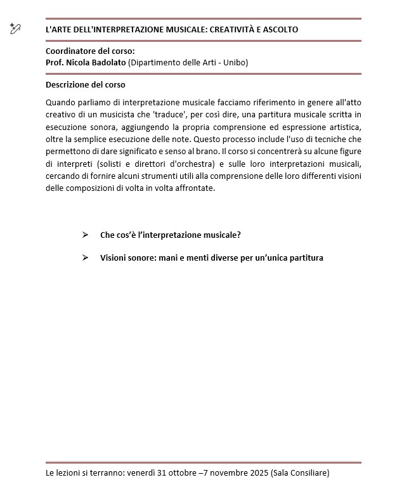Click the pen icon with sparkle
point(15,28)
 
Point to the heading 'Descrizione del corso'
point(86,85)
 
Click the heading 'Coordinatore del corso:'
point(90,51)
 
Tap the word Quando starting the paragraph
point(60,103)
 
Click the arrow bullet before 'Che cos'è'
point(85,235)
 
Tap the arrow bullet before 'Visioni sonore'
point(85,258)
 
